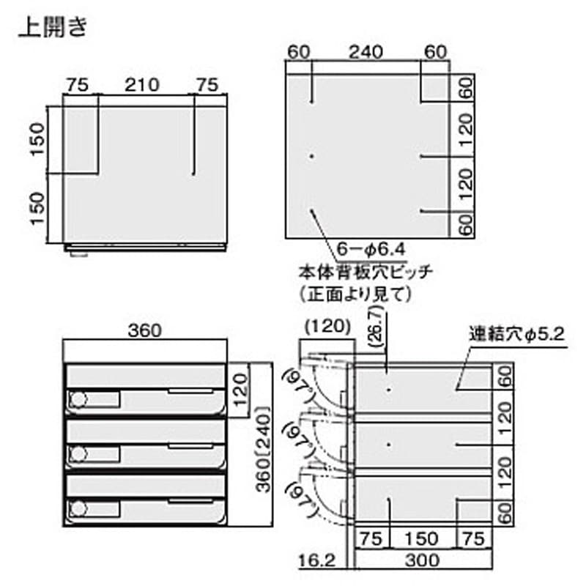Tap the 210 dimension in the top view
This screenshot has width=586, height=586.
click(x=142, y=85)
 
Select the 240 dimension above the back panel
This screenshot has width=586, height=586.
click(x=366, y=52)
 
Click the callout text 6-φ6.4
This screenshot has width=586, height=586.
click(x=371, y=249)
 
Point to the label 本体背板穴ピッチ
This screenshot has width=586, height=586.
click(x=366, y=272)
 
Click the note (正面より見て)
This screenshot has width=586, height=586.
click(x=355, y=294)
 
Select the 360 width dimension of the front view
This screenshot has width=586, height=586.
click(x=145, y=330)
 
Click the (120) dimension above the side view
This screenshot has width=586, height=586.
click(x=327, y=327)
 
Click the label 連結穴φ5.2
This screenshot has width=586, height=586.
click(x=517, y=334)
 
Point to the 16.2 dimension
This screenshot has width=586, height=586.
click(x=317, y=560)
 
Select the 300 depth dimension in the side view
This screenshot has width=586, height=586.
click(x=423, y=560)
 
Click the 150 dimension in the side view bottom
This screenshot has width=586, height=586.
click(x=422, y=538)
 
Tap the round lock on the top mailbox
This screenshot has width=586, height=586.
click(x=78, y=399)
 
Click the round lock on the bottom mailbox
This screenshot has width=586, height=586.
click(x=78, y=509)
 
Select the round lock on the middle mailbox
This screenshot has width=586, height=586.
click(x=78, y=454)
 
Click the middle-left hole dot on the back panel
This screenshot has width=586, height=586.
click(x=312, y=156)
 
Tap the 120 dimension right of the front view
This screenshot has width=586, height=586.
click(x=241, y=390)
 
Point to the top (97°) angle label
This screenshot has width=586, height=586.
click(x=300, y=386)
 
